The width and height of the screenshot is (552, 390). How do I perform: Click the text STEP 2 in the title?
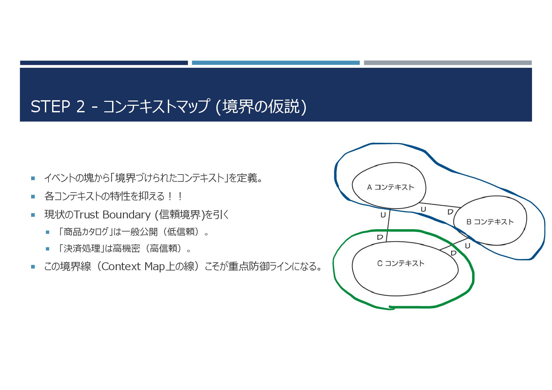pyautogui.click(x=58, y=106)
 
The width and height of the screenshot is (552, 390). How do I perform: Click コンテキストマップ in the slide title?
pyautogui.click(x=156, y=106)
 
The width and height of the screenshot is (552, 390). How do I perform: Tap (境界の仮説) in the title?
pyautogui.click(x=261, y=106)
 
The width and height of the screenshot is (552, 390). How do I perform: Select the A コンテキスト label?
pyautogui.click(x=390, y=187)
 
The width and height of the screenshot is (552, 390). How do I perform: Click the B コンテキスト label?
pyautogui.click(x=490, y=222)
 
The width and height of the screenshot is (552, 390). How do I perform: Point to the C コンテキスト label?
pyautogui.click(x=401, y=263)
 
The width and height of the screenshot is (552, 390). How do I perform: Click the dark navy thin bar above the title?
pyautogui.click(x=104, y=63)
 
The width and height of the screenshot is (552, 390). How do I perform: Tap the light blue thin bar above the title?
pyautogui.click(x=276, y=63)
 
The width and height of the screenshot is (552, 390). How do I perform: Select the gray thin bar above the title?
pyautogui.click(x=447, y=63)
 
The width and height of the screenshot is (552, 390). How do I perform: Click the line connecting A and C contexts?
pyautogui.click(x=388, y=226)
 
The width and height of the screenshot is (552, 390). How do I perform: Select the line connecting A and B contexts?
pyautogui.click(x=439, y=205)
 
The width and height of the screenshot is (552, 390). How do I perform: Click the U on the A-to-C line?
pyautogui.click(x=383, y=215)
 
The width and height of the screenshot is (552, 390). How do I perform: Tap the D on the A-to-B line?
pyautogui.click(x=450, y=212)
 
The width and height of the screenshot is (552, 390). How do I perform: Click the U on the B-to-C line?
pyautogui.click(x=467, y=246)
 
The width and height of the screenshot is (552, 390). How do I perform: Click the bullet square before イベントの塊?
pyautogui.click(x=33, y=178)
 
